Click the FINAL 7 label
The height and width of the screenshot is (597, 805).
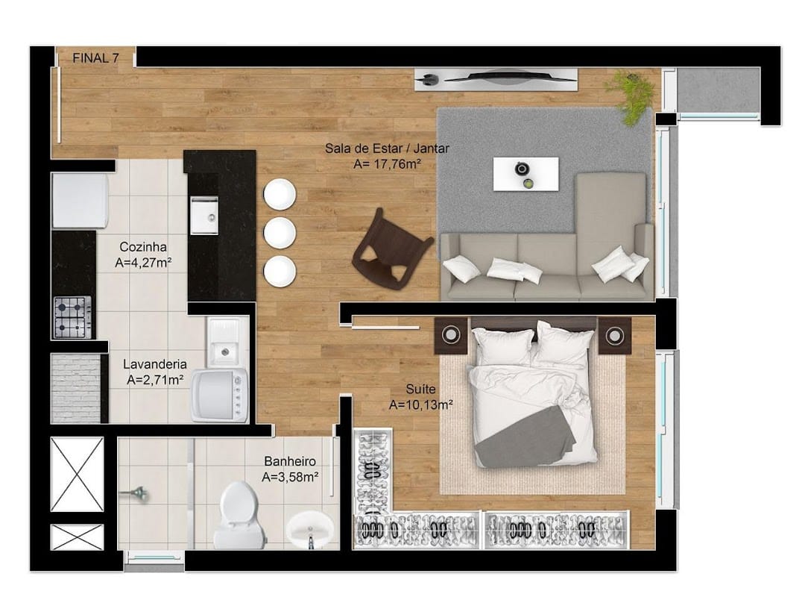[95, 58]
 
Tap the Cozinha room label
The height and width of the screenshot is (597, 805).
[142, 247]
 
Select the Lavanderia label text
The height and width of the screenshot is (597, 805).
[154, 365]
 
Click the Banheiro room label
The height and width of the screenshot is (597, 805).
[290, 461]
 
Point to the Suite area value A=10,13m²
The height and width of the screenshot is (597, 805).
[421, 404]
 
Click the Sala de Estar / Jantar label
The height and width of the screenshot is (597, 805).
[387, 149]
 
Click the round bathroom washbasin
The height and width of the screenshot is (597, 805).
[309, 530]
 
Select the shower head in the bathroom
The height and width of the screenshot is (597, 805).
[134, 495]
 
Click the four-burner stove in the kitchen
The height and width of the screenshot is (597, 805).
[72, 316]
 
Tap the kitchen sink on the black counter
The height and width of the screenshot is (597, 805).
[204, 216]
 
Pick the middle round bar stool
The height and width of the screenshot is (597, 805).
[280, 232]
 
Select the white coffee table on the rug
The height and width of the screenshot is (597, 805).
[525, 174]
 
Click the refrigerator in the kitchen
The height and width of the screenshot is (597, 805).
[80, 201]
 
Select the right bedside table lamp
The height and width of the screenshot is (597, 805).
[614, 336]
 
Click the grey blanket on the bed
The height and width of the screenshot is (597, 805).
[525, 437]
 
